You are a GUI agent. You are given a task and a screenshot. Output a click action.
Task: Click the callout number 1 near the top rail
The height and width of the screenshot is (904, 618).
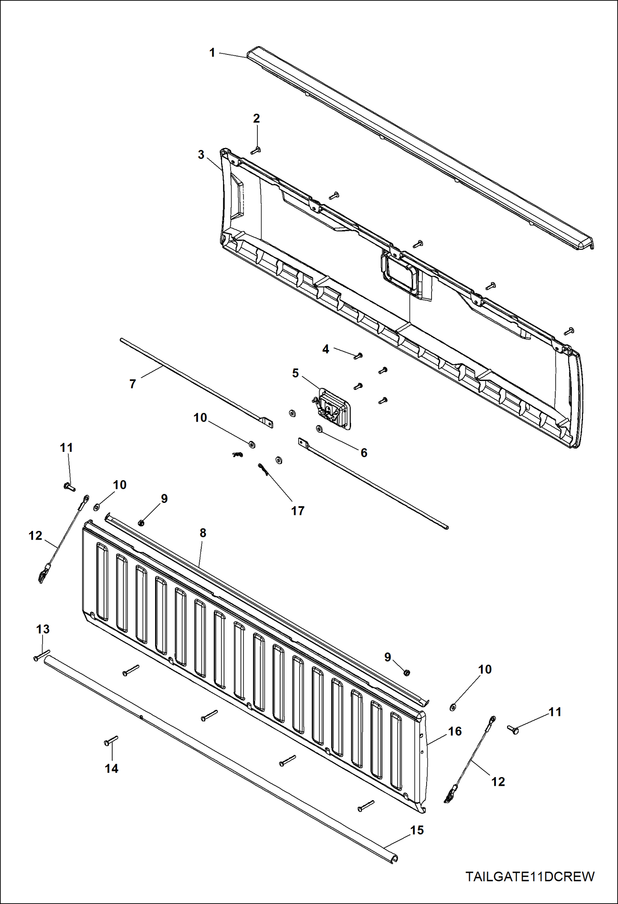212,53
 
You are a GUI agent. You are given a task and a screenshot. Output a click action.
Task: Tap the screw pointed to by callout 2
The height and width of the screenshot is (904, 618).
256,151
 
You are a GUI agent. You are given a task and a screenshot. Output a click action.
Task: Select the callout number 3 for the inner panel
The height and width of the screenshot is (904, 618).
201,155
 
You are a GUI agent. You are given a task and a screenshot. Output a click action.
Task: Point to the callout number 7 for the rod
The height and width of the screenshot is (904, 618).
132,384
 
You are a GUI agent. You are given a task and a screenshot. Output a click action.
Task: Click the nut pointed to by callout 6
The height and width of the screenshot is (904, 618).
319,429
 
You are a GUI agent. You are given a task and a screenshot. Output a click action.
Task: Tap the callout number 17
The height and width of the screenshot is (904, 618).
297,511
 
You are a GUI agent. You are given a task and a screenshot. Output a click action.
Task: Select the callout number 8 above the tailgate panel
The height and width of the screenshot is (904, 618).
203,533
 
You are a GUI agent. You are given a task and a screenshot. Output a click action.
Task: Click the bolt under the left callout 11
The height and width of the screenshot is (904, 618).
69,487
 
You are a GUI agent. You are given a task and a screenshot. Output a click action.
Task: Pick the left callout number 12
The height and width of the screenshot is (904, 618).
35,536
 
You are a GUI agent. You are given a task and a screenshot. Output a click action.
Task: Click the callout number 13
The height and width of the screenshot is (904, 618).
43,629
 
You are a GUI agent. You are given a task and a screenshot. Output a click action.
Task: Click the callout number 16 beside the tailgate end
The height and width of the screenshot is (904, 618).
455,732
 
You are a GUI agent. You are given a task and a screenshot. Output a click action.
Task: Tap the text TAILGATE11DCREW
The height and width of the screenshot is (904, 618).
530,877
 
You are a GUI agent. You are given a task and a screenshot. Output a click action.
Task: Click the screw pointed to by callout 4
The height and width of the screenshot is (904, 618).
359,356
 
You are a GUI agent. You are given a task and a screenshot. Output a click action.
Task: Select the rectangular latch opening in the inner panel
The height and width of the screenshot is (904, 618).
399,274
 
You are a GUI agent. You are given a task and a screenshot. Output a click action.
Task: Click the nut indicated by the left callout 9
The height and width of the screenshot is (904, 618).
141,523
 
